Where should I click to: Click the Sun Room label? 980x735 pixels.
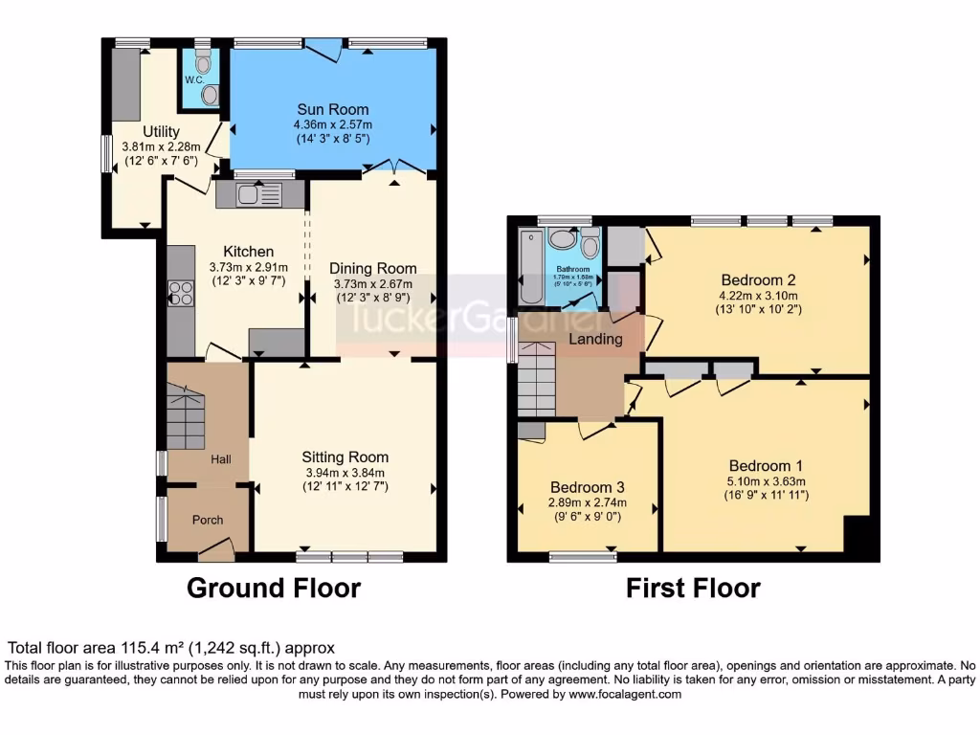(x=332, y=109)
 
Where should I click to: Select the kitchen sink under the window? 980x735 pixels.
(x=248, y=194)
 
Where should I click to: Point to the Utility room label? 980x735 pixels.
(x=161, y=131)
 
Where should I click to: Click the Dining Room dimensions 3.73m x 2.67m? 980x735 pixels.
(x=373, y=283)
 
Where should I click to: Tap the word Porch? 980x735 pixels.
(x=208, y=520)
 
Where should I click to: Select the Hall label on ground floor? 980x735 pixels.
(x=221, y=460)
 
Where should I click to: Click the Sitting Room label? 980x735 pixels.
(x=345, y=457)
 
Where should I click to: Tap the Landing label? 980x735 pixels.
(x=596, y=339)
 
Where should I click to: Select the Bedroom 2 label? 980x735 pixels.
(x=758, y=279)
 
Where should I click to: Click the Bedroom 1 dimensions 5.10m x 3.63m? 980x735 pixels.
(x=767, y=481)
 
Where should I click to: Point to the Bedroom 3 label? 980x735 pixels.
(x=588, y=485)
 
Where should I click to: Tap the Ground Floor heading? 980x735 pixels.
(x=274, y=588)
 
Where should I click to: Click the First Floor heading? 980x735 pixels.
(x=693, y=588)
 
